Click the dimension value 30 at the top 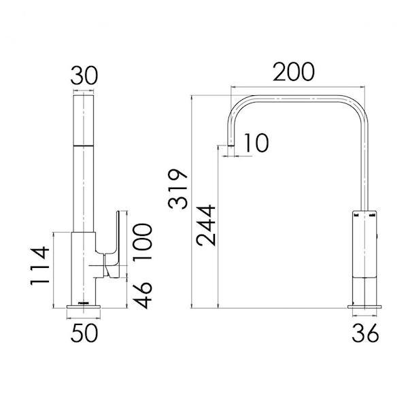(84, 74)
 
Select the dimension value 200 (296, 71)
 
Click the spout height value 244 (205, 225)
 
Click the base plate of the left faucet (84, 309)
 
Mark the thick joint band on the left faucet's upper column (84, 145)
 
